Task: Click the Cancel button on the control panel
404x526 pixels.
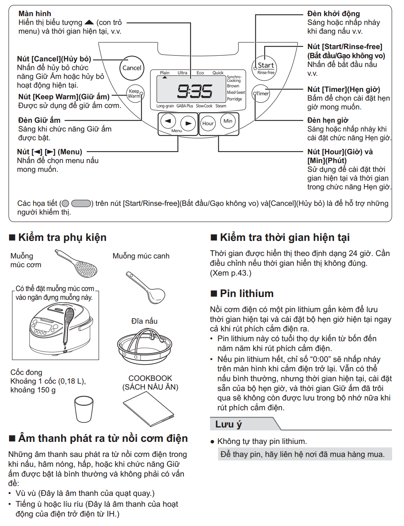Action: point(132,68)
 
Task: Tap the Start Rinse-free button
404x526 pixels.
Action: point(265,67)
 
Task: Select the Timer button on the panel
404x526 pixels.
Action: point(261,94)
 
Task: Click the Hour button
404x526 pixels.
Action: point(208,123)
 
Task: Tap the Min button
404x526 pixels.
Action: point(228,121)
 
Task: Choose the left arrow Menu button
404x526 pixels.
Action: point(168,121)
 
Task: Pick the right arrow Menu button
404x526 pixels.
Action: point(188,123)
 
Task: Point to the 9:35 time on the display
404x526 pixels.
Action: point(195,92)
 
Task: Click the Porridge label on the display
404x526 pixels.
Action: point(234,99)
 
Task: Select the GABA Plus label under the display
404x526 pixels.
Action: point(184,106)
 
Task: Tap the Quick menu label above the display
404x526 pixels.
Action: point(218,73)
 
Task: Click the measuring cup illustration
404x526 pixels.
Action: point(84,409)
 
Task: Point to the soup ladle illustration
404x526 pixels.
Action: point(146,288)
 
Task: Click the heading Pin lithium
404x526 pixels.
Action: point(246,294)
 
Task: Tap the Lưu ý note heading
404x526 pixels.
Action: point(229,424)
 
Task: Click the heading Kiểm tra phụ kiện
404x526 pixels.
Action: point(62,237)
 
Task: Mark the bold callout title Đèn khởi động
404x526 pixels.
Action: point(333,14)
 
